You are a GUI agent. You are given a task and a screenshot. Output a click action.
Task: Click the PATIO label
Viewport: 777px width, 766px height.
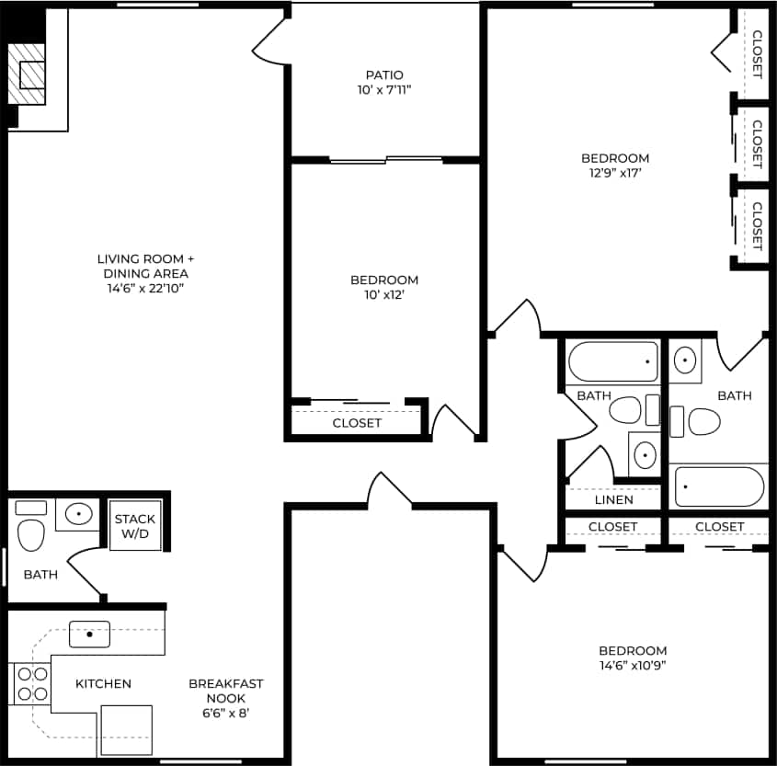[x=384, y=74]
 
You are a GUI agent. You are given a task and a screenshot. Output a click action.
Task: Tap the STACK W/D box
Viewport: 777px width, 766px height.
[x=135, y=525]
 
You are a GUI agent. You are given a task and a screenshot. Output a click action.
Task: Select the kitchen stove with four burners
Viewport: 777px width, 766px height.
[x=32, y=682]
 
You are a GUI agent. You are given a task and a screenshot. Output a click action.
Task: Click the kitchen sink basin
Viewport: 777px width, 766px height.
[x=89, y=634]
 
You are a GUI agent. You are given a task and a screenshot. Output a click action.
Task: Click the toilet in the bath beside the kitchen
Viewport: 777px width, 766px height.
[x=31, y=534]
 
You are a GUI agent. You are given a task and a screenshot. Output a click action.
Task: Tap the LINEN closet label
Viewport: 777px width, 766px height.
[x=613, y=500]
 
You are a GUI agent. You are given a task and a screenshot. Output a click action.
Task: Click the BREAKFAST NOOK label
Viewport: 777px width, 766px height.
[x=226, y=691]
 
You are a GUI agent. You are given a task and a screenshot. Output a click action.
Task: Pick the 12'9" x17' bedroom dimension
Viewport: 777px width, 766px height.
[x=615, y=173]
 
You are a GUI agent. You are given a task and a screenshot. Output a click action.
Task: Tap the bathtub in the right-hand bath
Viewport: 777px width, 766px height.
[x=719, y=486]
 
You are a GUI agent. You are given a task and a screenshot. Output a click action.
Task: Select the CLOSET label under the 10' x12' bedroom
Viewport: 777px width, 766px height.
[x=357, y=423]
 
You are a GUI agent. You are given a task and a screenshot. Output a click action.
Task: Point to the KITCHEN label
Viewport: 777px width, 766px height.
[x=103, y=683]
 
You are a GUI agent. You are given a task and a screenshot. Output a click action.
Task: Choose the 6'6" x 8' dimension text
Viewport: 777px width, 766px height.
[x=226, y=713]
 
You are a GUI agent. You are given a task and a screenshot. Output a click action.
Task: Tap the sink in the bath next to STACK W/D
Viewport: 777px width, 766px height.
[x=79, y=513]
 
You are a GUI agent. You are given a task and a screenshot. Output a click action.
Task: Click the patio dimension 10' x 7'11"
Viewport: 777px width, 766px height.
[x=384, y=89]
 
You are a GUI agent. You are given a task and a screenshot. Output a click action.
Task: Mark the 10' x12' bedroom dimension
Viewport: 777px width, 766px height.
[x=384, y=295]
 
